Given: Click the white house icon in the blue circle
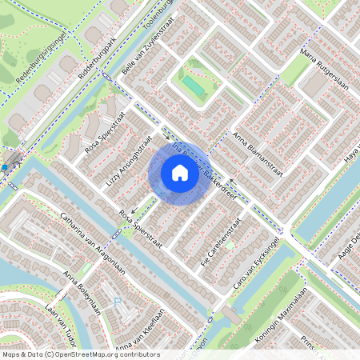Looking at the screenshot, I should click(179, 172).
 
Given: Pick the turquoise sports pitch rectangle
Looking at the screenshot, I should click(192, 83).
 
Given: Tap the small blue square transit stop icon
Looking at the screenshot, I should click(5, 166).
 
